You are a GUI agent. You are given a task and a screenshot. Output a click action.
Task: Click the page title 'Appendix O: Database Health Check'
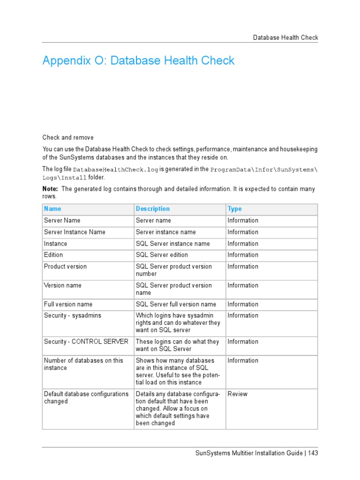click(x=138, y=60)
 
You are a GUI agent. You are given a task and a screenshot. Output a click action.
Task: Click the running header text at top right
click(x=285, y=37)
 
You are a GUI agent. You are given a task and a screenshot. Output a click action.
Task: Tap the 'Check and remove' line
click(x=68, y=137)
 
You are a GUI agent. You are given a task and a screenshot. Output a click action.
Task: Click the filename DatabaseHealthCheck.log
click(x=116, y=170)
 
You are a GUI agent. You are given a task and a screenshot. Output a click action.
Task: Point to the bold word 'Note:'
click(x=51, y=189)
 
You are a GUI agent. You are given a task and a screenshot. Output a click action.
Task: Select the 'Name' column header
click(x=52, y=209)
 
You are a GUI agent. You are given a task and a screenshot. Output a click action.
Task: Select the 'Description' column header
click(x=153, y=209)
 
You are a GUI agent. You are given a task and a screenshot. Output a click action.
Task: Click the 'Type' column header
click(x=234, y=209)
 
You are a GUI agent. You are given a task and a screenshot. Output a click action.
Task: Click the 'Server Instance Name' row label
click(x=75, y=232)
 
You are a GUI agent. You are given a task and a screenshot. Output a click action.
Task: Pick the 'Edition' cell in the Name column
click(x=53, y=255)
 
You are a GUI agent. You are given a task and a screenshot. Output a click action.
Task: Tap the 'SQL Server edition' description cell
click(x=162, y=255)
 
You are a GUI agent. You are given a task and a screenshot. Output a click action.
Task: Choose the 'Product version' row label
click(x=65, y=266)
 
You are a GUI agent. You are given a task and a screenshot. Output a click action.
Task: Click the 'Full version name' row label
click(x=68, y=304)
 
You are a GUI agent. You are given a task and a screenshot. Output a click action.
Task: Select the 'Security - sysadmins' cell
click(x=72, y=315)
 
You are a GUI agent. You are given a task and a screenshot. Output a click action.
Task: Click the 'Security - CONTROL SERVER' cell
click(x=86, y=342)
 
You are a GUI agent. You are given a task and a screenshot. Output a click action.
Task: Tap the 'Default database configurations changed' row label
click(x=86, y=397)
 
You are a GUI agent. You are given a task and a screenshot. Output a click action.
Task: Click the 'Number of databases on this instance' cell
click(x=83, y=364)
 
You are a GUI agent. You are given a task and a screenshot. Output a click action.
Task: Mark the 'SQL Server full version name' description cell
click(x=176, y=304)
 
